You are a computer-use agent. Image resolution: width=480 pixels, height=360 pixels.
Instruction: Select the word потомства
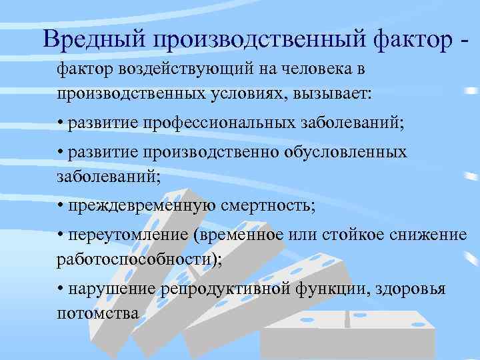98,312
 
